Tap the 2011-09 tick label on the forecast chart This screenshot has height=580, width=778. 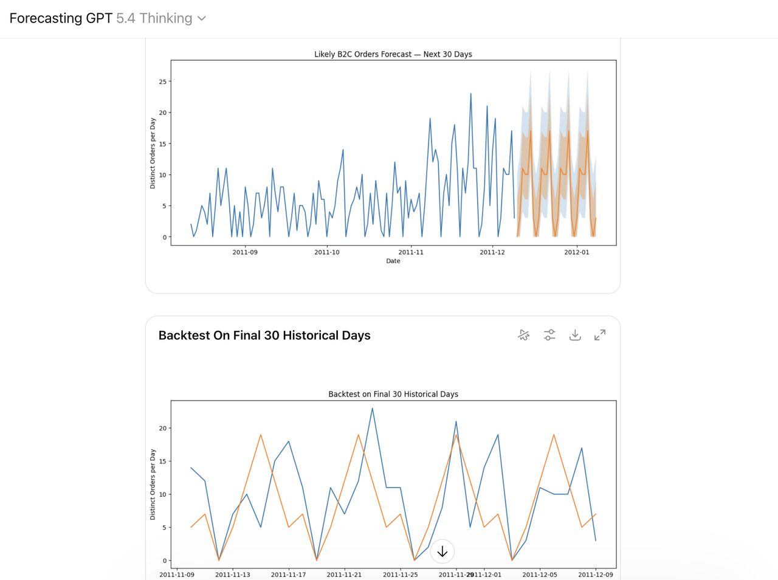245,252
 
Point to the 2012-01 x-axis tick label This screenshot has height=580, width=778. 576,252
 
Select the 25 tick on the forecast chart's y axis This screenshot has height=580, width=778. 162,81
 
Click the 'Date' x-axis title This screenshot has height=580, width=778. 393,261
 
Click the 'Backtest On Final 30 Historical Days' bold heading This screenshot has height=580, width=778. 264,336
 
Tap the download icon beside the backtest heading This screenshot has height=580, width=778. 575,335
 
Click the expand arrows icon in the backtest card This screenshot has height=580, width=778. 600,335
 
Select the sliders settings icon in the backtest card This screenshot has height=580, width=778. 549,335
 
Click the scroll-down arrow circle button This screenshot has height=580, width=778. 442,552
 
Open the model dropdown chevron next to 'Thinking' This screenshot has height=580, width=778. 202,18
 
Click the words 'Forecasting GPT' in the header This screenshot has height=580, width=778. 61,18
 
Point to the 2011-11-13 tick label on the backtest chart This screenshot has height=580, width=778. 233,575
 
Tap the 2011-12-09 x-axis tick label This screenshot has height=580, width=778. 596,575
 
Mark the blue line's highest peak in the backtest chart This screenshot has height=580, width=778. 373,408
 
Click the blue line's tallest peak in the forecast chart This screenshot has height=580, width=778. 470,94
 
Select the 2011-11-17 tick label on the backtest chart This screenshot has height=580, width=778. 288,575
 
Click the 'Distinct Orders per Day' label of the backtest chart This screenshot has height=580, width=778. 153,485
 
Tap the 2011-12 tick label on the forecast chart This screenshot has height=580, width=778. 492,252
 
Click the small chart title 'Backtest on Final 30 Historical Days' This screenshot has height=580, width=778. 393,394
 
